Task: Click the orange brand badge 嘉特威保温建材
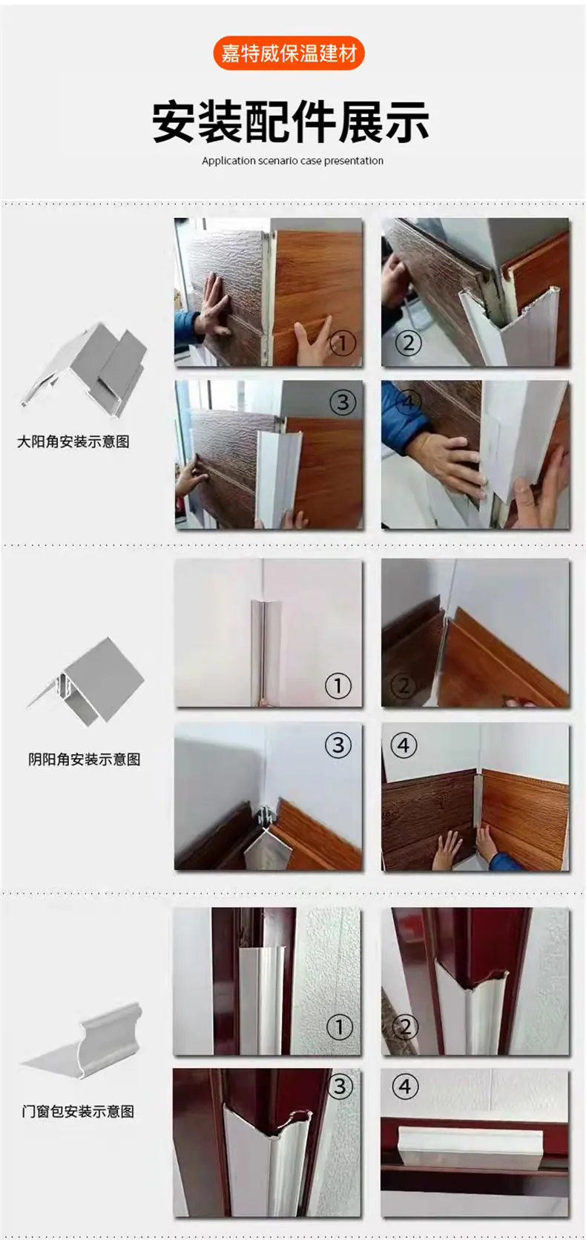point(289,53)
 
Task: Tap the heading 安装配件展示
point(291,122)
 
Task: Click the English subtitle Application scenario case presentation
point(292,160)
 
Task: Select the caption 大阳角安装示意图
point(73,441)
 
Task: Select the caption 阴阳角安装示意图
point(84,759)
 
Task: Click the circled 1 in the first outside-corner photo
point(343,344)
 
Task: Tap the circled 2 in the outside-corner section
point(408,343)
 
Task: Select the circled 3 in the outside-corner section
point(342,402)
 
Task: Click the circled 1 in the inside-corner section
point(338,686)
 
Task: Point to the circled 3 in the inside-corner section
point(338,745)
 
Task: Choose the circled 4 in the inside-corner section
point(404,745)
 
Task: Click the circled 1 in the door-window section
point(340,1028)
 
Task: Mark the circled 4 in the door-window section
point(405,1086)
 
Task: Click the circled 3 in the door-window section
point(340,1086)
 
